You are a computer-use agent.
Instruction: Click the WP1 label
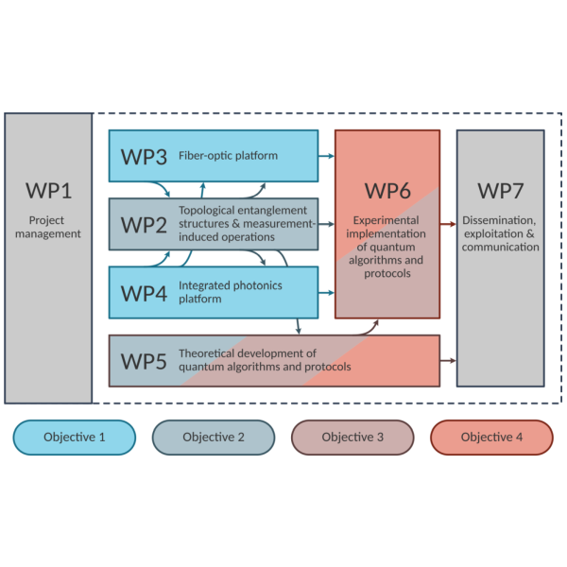click(48, 192)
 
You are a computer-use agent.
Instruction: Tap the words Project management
click(48, 227)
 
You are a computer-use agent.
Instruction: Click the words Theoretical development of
click(248, 354)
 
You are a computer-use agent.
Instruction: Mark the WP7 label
click(500, 191)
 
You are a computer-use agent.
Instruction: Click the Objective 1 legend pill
click(75, 438)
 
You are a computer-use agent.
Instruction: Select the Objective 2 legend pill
click(214, 438)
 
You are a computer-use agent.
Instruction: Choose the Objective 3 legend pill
click(352, 438)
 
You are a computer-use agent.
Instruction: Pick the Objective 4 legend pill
click(491, 438)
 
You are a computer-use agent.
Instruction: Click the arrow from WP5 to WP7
click(448, 361)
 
